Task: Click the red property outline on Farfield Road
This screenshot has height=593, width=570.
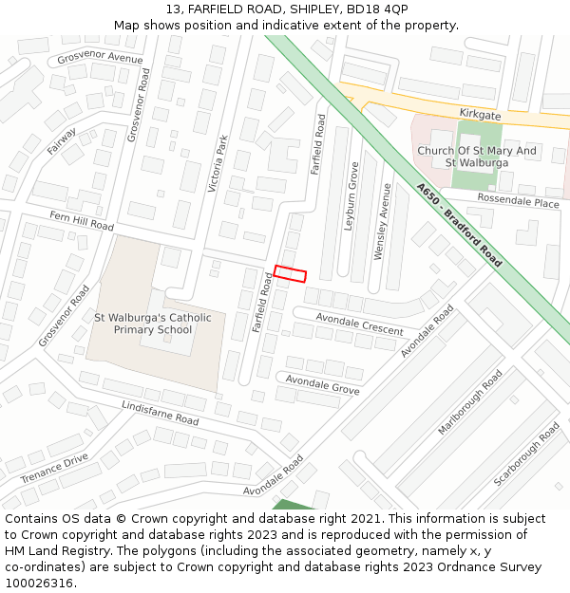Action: pos(291,273)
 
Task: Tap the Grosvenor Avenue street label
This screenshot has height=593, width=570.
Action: pos(100,58)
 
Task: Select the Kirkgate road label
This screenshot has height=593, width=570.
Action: pos(480,114)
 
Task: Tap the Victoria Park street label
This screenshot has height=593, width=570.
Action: pos(218,163)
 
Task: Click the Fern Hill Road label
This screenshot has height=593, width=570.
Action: pos(82,221)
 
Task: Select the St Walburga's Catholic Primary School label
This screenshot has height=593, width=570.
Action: pos(153,324)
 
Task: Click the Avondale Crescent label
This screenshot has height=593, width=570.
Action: pos(359,324)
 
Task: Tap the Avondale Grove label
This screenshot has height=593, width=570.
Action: pos(322,384)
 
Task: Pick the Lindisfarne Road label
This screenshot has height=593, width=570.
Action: pos(160,413)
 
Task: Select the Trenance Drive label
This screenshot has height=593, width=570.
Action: pos(54,468)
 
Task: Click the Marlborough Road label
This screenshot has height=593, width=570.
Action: pos(469,404)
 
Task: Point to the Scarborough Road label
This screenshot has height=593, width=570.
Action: pos(526,454)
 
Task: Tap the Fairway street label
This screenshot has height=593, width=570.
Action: pos(62,141)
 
